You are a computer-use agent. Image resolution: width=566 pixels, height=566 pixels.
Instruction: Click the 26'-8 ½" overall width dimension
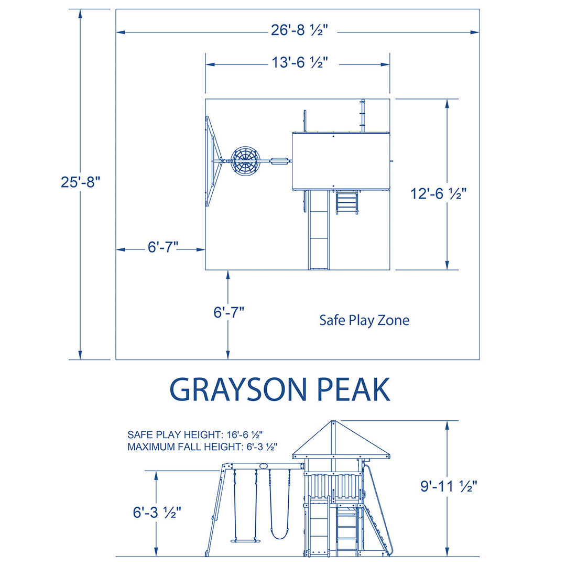[x=299, y=31]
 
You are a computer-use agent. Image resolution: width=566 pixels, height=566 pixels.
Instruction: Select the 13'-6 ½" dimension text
[x=299, y=63]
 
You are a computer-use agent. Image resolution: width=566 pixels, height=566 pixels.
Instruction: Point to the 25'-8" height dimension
[x=80, y=182]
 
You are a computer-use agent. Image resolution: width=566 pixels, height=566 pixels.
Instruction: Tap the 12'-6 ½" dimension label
[x=439, y=194]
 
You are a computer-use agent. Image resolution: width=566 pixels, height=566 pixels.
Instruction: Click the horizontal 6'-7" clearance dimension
[x=162, y=248]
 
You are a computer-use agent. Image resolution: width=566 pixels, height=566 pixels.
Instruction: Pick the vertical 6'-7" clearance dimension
[x=228, y=313]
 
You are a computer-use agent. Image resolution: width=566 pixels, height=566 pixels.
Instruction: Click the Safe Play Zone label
[x=364, y=320]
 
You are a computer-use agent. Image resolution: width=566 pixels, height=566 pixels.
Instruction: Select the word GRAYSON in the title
[x=237, y=389]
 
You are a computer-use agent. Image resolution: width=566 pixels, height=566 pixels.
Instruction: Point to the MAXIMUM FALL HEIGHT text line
[x=202, y=447]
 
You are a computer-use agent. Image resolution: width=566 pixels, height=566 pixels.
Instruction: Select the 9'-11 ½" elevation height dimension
[x=448, y=486]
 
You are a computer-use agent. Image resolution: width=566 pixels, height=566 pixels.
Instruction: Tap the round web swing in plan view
[x=245, y=161]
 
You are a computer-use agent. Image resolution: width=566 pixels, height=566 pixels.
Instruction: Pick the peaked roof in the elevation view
[x=331, y=440]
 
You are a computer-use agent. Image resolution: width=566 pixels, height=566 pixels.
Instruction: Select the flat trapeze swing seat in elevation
[x=245, y=540]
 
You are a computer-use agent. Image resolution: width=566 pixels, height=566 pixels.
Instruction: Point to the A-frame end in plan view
[x=211, y=161]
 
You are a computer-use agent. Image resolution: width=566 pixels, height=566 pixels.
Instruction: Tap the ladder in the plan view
[x=347, y=202]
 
